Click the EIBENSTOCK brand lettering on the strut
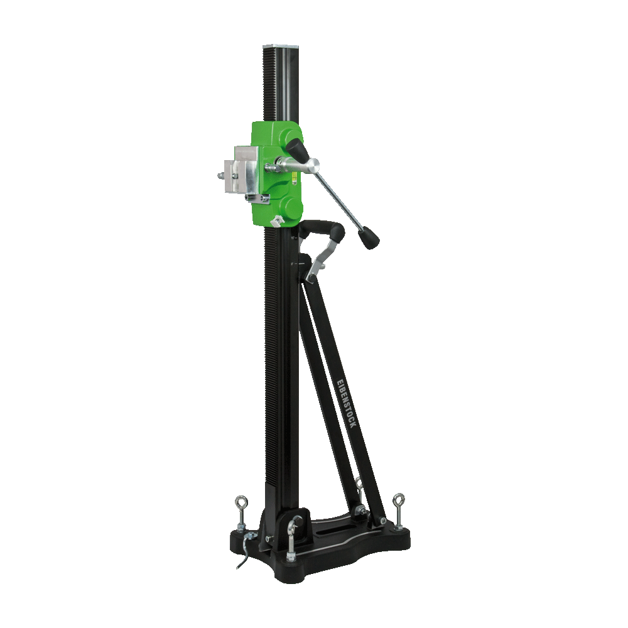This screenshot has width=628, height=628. (347, 403)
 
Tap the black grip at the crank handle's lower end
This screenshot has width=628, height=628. (369, 237)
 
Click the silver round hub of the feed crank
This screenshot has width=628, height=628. (312, 166)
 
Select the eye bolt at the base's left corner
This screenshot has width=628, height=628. (241, 515)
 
